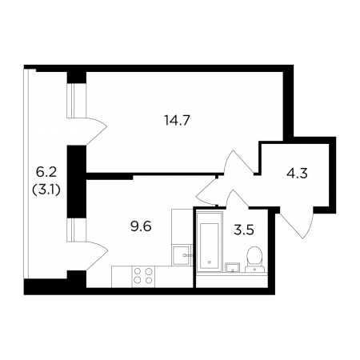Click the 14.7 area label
[177, 121]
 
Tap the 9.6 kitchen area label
[141, 227]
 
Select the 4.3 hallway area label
[297, 174]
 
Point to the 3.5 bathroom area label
[244, 230]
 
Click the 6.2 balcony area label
[46, 173]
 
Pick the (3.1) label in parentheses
[46, 190]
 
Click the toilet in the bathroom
[254, 259]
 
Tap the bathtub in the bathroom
[210, 242]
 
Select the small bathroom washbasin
[232, 267]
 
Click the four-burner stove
[143, 276]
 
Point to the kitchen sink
[182, 255]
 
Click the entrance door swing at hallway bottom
[296, 223]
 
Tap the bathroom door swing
[238, 198]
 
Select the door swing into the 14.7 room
[238, 162]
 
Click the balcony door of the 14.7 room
[97, 131]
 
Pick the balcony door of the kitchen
[97, 256]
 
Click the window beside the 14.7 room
[77, 101]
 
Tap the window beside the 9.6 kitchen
[77, 230]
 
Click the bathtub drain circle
[210, 262]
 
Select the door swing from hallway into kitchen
[206, 192]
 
